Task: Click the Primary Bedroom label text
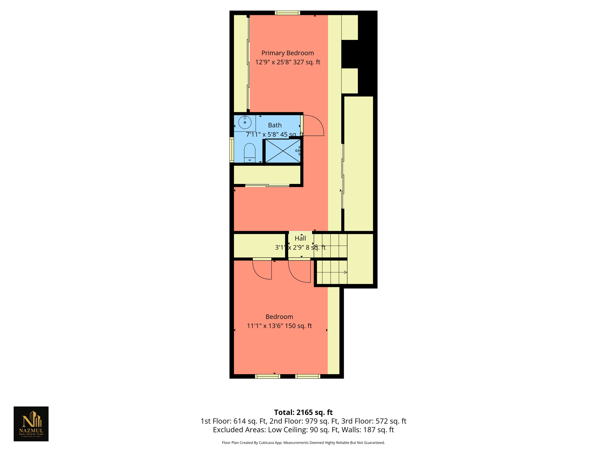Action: (x=287, y=53)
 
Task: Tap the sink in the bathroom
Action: (x=245, y=122)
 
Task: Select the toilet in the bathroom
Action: (x=250, y=153)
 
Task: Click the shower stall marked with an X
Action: (x=283, y=151)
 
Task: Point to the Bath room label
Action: (x=275, y=125)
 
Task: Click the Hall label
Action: (x=300, y=238)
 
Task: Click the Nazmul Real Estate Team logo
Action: (x=31, y=424)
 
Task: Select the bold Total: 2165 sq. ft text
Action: (x=303, y=412)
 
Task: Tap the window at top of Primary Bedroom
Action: (x=287, y=13)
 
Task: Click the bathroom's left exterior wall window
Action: (x=232, y=150)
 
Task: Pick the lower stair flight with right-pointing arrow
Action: (x=331, y=272)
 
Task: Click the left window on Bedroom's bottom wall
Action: (x=267, y=376)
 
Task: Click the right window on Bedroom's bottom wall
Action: (x=307, y=376)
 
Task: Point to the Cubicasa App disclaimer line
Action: (x=303, y=443)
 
